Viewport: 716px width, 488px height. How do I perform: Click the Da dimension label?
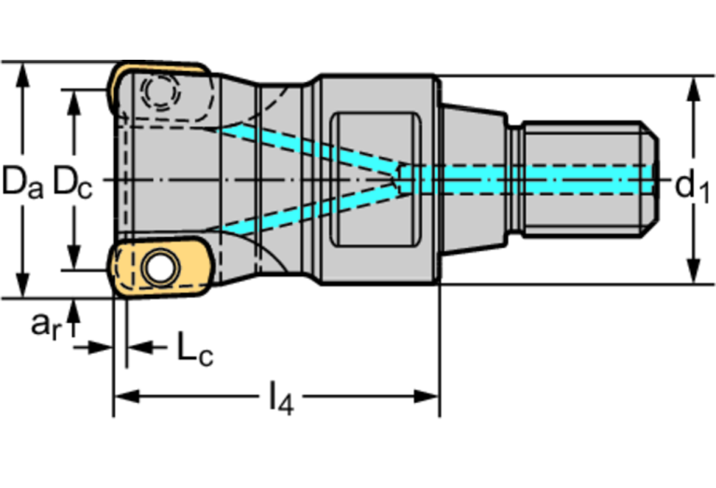coord(21,182)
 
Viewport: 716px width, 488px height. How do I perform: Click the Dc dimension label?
coord(72,182)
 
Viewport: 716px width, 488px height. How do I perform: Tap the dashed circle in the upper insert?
coord(162,91)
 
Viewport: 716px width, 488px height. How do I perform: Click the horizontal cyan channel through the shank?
coord(532,176)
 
